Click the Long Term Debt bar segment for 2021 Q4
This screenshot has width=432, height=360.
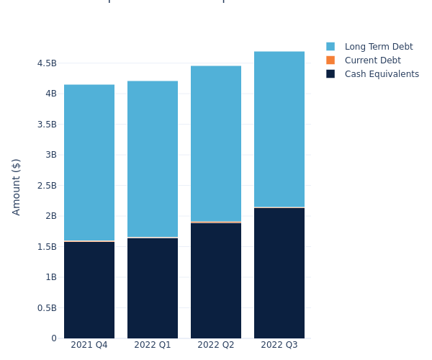point(89,163)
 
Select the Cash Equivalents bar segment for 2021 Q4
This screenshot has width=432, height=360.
point(89,289)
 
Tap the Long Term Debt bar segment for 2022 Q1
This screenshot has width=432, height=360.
point(153,159)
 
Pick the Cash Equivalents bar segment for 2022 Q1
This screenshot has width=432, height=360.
point(153,288)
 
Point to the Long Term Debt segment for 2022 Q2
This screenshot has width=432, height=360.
point(216,143)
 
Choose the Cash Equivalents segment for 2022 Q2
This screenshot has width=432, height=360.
point(216,281)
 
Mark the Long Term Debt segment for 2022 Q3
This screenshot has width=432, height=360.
point(279,129)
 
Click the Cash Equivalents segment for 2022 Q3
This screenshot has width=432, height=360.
point(279,273)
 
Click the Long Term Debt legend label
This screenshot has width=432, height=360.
point(379,47)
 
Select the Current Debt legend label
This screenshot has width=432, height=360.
point(372,60)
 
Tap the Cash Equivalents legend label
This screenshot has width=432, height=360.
point(382,74)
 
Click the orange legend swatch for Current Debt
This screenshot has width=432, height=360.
point(330,60)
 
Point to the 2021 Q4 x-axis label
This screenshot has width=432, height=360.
point(89,345)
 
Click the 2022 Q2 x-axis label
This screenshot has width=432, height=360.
point(216,345)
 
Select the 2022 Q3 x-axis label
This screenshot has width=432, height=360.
point(279,345)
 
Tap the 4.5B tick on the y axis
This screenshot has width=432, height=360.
point(46,63)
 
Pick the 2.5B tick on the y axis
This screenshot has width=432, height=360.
point(46,186)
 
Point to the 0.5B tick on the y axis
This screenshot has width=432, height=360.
point(46,308)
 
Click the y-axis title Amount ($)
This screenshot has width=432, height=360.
point(17,186)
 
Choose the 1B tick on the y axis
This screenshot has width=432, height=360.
point(50,277)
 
